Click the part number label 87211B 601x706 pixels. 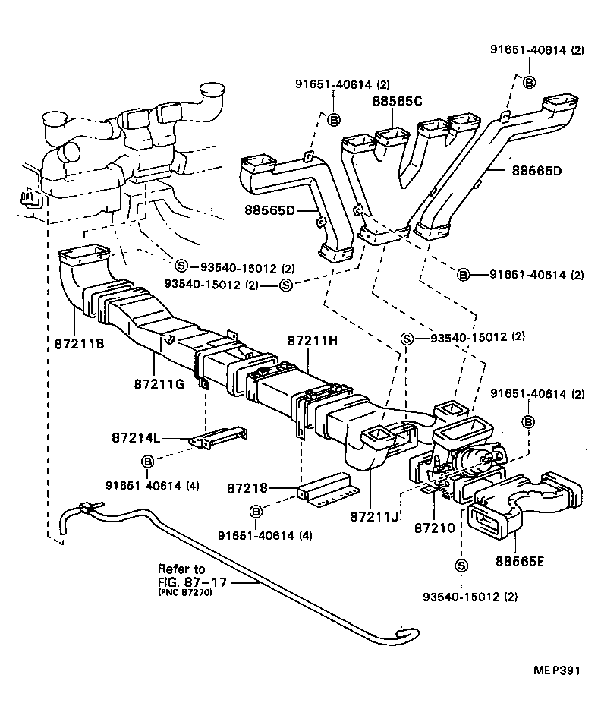click(79, 342)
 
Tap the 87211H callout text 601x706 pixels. click(312, 341)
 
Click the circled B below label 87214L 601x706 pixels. click(147, 461)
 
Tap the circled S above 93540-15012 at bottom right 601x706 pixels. click(461, 565)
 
